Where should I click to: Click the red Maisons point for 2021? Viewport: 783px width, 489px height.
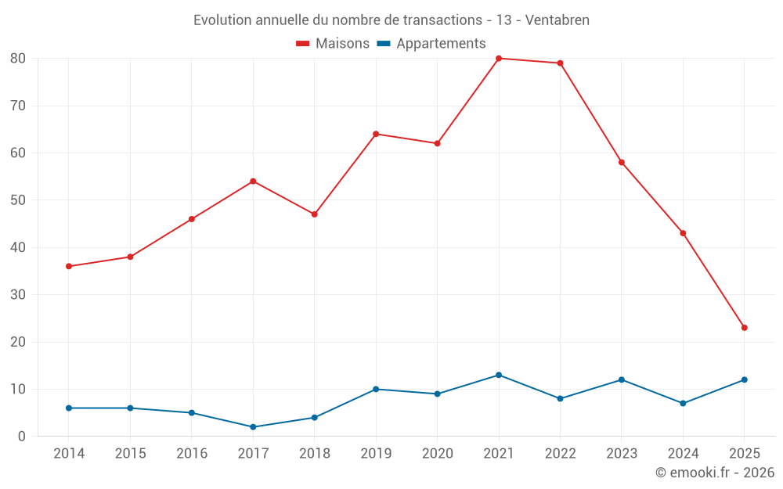tap(499, 58)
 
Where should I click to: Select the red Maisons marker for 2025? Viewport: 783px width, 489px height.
tap(744, 328)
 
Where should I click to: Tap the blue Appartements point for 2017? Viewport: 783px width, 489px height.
tap(253, 427)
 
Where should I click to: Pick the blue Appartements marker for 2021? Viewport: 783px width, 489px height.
tap(499, 375)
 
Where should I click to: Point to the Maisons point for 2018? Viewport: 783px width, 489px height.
tap(314, 214)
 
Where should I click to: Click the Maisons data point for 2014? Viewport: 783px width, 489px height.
tap(69, 266)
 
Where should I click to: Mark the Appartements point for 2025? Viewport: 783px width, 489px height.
tap(744, 379)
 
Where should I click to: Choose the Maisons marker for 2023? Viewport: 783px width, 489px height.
tap(621, 162)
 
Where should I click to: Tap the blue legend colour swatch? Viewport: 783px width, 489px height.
tap(384, 44)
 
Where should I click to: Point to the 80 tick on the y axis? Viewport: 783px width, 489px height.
tap(18, 59)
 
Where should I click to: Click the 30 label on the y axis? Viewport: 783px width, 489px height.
tap(18, 295)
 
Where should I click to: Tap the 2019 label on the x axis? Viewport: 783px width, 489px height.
tap(376, 454)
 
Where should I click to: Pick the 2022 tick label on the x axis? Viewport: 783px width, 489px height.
tap(560, 454)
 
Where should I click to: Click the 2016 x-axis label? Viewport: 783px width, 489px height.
tap(192, 454)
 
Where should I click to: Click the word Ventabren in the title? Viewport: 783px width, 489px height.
tap(557, 20)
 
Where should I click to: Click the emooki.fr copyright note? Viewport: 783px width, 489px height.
tap(714, 473)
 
